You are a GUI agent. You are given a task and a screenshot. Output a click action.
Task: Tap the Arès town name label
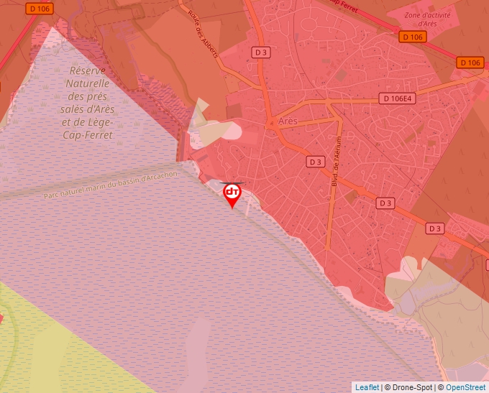[x=288, y=121]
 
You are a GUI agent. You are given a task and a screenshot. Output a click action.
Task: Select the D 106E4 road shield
[x=400, y=98]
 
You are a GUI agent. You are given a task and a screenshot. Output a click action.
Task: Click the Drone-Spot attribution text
[x=414, y=387]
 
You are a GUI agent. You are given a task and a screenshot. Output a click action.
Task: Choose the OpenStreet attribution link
[x=465, y=387]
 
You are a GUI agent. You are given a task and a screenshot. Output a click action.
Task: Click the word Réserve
[x=88, y=70]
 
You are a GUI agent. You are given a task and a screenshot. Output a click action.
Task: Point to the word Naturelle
[x=88, y=83]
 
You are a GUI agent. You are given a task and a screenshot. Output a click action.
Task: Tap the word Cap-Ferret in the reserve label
[x=88, y=134]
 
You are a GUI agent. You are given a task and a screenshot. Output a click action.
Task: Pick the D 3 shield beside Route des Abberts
[x=261, y=52]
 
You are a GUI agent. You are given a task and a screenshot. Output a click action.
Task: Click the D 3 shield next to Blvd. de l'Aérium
[x=315, y=162]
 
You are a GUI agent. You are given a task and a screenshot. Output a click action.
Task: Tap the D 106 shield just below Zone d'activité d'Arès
[x=412, y=37]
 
